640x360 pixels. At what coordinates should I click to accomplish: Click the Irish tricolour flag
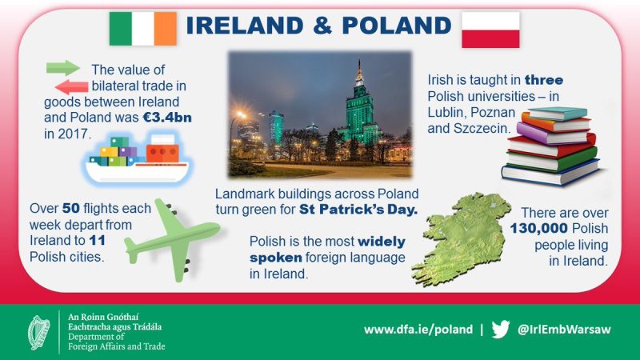pos(143,29)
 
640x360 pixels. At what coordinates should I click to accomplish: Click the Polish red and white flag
pos(490,30)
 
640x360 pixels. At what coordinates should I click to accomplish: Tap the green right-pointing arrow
pos(63,68)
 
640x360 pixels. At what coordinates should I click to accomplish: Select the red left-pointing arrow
pos(71,87)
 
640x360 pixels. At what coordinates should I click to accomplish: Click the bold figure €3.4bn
pos(167,118)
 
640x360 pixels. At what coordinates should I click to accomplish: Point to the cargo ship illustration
pos(137,159)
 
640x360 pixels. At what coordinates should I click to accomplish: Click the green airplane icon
pos(174,241)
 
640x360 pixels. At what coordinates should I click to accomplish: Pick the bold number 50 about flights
pos(71,208)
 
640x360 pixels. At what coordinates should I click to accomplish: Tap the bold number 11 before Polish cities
pos(97,241)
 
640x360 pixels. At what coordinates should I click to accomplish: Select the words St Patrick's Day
pos(358,210)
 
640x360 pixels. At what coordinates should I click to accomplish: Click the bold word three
pos(544,80)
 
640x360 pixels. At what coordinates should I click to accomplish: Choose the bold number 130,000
pos(539,229)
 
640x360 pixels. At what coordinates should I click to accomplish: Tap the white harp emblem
pos(38,333)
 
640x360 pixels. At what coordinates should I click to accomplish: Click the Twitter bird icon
pos(501,330)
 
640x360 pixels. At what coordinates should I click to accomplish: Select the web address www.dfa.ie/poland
pos(418,330)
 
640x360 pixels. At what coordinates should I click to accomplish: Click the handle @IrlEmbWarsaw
pos(564,330)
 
